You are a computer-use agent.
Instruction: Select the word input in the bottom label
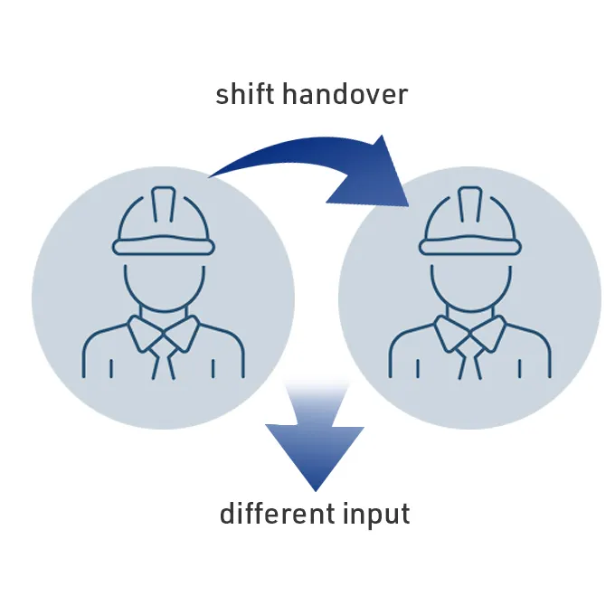pos(376,515)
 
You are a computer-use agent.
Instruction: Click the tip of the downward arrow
pos(316,491)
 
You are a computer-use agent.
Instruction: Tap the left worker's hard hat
pos(164,221)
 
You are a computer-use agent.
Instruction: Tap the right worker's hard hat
pos(470,221)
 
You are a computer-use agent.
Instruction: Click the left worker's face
pos(165,287)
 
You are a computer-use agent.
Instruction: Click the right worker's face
pos(471,287)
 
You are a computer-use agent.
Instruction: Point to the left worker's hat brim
pos(164,245)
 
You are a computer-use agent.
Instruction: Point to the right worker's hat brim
pos(470,245)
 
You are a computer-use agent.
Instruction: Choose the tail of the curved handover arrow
pos(212,175)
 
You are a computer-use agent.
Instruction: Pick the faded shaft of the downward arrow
pos(317,402)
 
